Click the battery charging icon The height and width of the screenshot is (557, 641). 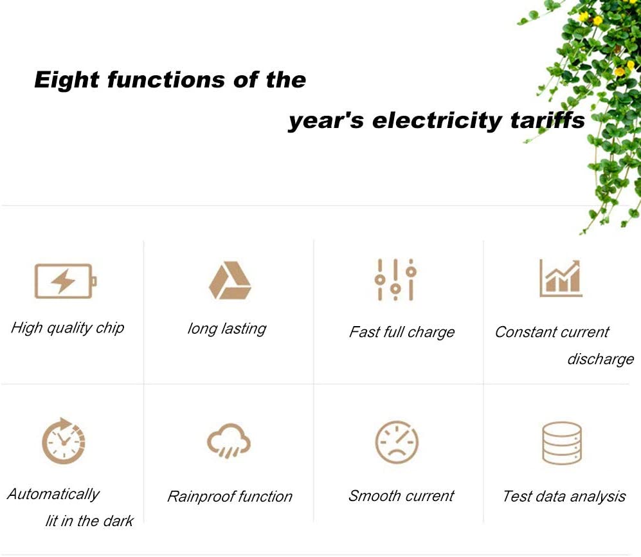pyautogui.click(x=66, y=281)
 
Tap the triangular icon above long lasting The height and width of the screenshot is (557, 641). pyautogui.click(x=230, y=280)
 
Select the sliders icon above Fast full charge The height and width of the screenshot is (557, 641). pyautogui.click(x=395, y=280)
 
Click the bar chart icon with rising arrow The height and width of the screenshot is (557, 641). pyautogui.click(x=561, y=278)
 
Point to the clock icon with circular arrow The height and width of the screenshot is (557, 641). pyautogui.click(x=64, y=441)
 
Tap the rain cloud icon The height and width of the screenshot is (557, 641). pyautogui.click(x=229, y=441)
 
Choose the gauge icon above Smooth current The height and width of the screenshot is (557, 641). pyautogui.click(x=397, y=442)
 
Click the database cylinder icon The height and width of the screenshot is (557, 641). pyautogui.click(x=562, y=443)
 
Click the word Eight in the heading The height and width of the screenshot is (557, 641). pyautogui.click(x=67, y=80)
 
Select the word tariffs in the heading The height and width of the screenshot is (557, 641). pyautogui.click(x=548, y=121)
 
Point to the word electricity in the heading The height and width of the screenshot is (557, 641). pyautogui.click(x=437, y=121)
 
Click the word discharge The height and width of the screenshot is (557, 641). pyautogui.click(x=600, y=359)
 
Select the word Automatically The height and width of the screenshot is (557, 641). pyautogui.click(x=53, y=495)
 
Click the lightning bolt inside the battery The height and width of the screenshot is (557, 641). pyautogui.click(x=63, y=281)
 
